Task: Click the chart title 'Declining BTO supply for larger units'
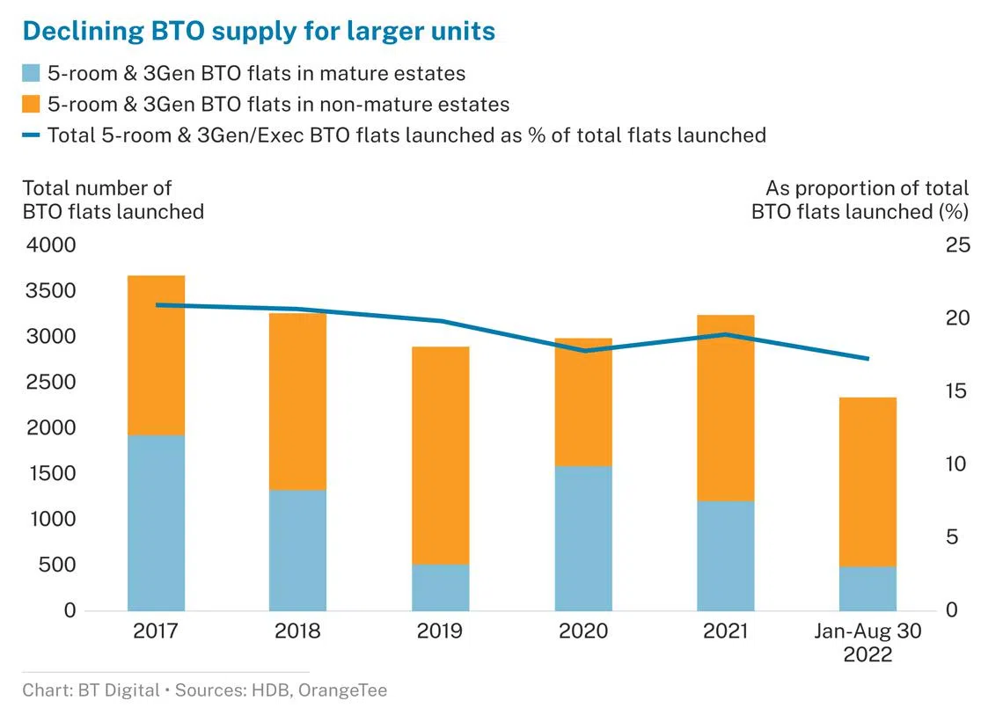258,32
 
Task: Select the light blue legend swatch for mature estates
31,74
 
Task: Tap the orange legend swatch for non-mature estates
31,105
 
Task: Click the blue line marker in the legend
31,135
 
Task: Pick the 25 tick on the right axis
957,245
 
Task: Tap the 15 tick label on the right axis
957,391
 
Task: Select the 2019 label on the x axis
441,631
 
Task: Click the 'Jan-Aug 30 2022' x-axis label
868,643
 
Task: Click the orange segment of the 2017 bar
156,355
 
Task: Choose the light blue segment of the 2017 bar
156,522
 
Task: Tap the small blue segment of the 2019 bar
441,587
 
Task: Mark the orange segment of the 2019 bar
441,456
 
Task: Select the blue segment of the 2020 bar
583,538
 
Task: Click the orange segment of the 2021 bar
726,408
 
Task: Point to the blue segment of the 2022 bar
868,588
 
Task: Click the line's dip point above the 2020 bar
583,351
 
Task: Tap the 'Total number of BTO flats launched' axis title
113,200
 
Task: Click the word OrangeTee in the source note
342,690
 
